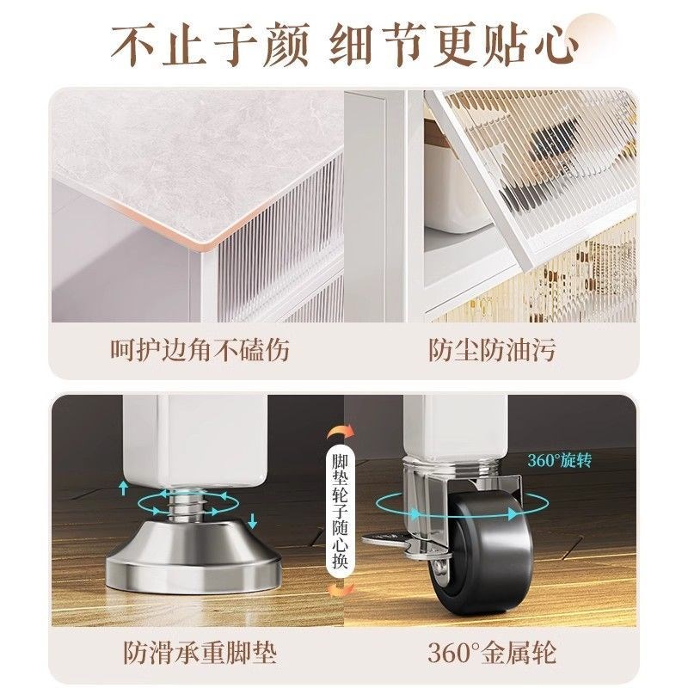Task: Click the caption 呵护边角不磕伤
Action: tap(199, 350)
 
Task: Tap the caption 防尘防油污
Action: tap(491, 350)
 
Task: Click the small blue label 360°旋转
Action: tap(560, 460)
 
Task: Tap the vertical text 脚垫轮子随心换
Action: tap(339, 513)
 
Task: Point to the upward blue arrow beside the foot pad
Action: tap(124, 488)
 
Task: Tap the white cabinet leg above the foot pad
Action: tap(184, 439)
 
